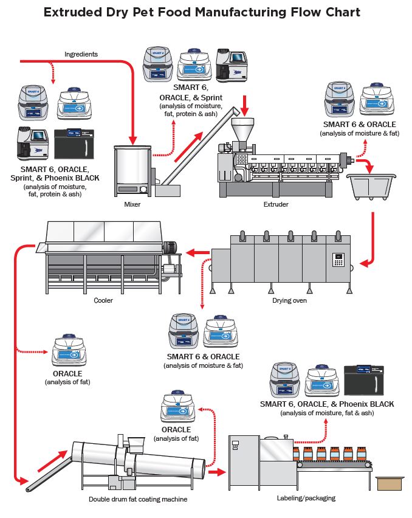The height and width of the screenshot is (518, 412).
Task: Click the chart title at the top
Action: click(202, 12)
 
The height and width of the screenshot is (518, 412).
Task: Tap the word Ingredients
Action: click(81, 54)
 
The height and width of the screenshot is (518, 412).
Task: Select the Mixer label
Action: click(132, 204)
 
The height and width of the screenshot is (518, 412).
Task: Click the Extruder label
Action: click(276, 204)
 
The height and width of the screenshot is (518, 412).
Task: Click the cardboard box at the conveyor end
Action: click(389, 483)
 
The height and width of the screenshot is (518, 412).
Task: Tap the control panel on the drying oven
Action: click(338, 260)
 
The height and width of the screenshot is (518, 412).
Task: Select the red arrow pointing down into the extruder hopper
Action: click(244, 104)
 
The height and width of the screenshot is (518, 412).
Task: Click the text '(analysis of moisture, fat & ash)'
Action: click(327, 413)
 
